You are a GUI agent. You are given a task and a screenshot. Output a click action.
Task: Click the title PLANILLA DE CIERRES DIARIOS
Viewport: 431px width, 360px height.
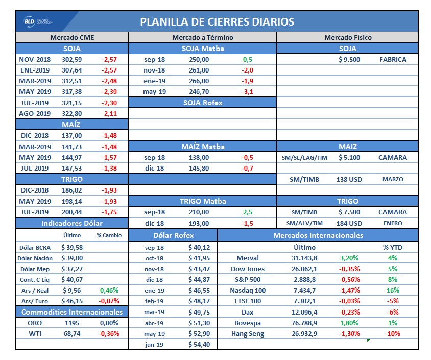(217, 22)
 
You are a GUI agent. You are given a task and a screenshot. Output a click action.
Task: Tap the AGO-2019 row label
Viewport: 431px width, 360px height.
(35, 113)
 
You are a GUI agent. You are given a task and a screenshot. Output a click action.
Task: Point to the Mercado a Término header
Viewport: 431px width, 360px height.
(202, 38)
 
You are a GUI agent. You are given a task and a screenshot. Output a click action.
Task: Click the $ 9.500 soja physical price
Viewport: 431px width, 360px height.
(349, 59)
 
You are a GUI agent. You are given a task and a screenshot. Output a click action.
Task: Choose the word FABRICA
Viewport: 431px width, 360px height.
(393, 59)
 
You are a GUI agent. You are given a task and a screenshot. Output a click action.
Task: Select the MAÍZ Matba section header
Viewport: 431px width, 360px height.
(202, 147)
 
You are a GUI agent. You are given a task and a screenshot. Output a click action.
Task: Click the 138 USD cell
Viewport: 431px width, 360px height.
(349, 179)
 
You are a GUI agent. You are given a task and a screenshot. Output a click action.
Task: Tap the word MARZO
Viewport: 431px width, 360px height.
(393, 179)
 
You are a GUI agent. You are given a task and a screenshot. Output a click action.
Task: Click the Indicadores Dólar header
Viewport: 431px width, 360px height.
(71, 223)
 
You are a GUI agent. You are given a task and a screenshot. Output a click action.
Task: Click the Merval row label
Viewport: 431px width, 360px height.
(248, 258)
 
